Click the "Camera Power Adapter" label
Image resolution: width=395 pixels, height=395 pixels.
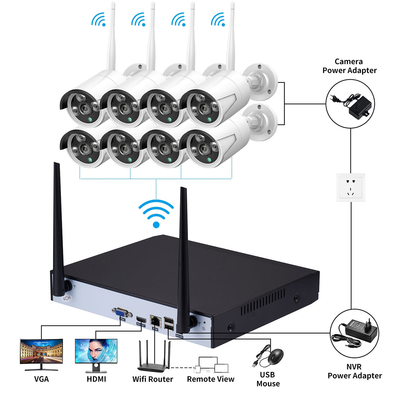click(349, 66)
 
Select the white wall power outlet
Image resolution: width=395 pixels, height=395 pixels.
click(351, 188)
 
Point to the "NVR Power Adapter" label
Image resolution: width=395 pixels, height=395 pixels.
click(355, 371)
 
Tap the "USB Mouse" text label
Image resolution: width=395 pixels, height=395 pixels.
click(268, 379)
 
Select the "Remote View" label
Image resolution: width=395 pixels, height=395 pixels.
click(211, 379)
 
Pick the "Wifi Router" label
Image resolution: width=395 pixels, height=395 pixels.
click(152, 379)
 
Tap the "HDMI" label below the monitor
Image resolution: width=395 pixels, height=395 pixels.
click(96, 379)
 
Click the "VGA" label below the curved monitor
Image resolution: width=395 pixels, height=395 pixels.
click(41, 379)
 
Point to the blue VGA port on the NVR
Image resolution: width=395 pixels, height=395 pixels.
click(122, 312)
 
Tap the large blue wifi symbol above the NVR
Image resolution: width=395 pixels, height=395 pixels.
click(156, 214)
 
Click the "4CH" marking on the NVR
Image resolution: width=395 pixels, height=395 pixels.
click(67, 299)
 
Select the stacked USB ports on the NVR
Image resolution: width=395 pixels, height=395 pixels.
click(169, 323)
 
